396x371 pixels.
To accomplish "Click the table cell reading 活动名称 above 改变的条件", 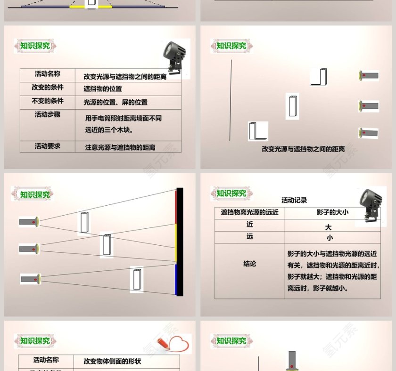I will pos(47,74).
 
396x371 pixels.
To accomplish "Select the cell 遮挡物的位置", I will pos(103,89).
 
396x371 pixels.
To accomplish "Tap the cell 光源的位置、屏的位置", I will pos(115,102).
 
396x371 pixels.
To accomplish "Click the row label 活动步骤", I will pos(47,114).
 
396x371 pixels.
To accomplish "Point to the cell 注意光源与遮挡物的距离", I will pos(120,147).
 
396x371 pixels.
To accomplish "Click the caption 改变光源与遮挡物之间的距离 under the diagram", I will pos(303,149).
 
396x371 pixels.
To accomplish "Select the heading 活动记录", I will pos(294,200).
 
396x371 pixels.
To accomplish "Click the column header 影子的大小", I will pos(332,212).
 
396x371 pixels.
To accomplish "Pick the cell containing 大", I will pos(329,227).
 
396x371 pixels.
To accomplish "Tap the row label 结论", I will pos(249,264).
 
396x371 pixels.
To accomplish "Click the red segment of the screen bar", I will pos(177,207).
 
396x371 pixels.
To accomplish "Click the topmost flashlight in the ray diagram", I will pos(29,221).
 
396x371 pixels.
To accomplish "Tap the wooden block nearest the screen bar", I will pos(137,279).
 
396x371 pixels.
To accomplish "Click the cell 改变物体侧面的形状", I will pos(112,362).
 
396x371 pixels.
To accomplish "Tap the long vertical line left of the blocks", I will pos(231,100).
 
